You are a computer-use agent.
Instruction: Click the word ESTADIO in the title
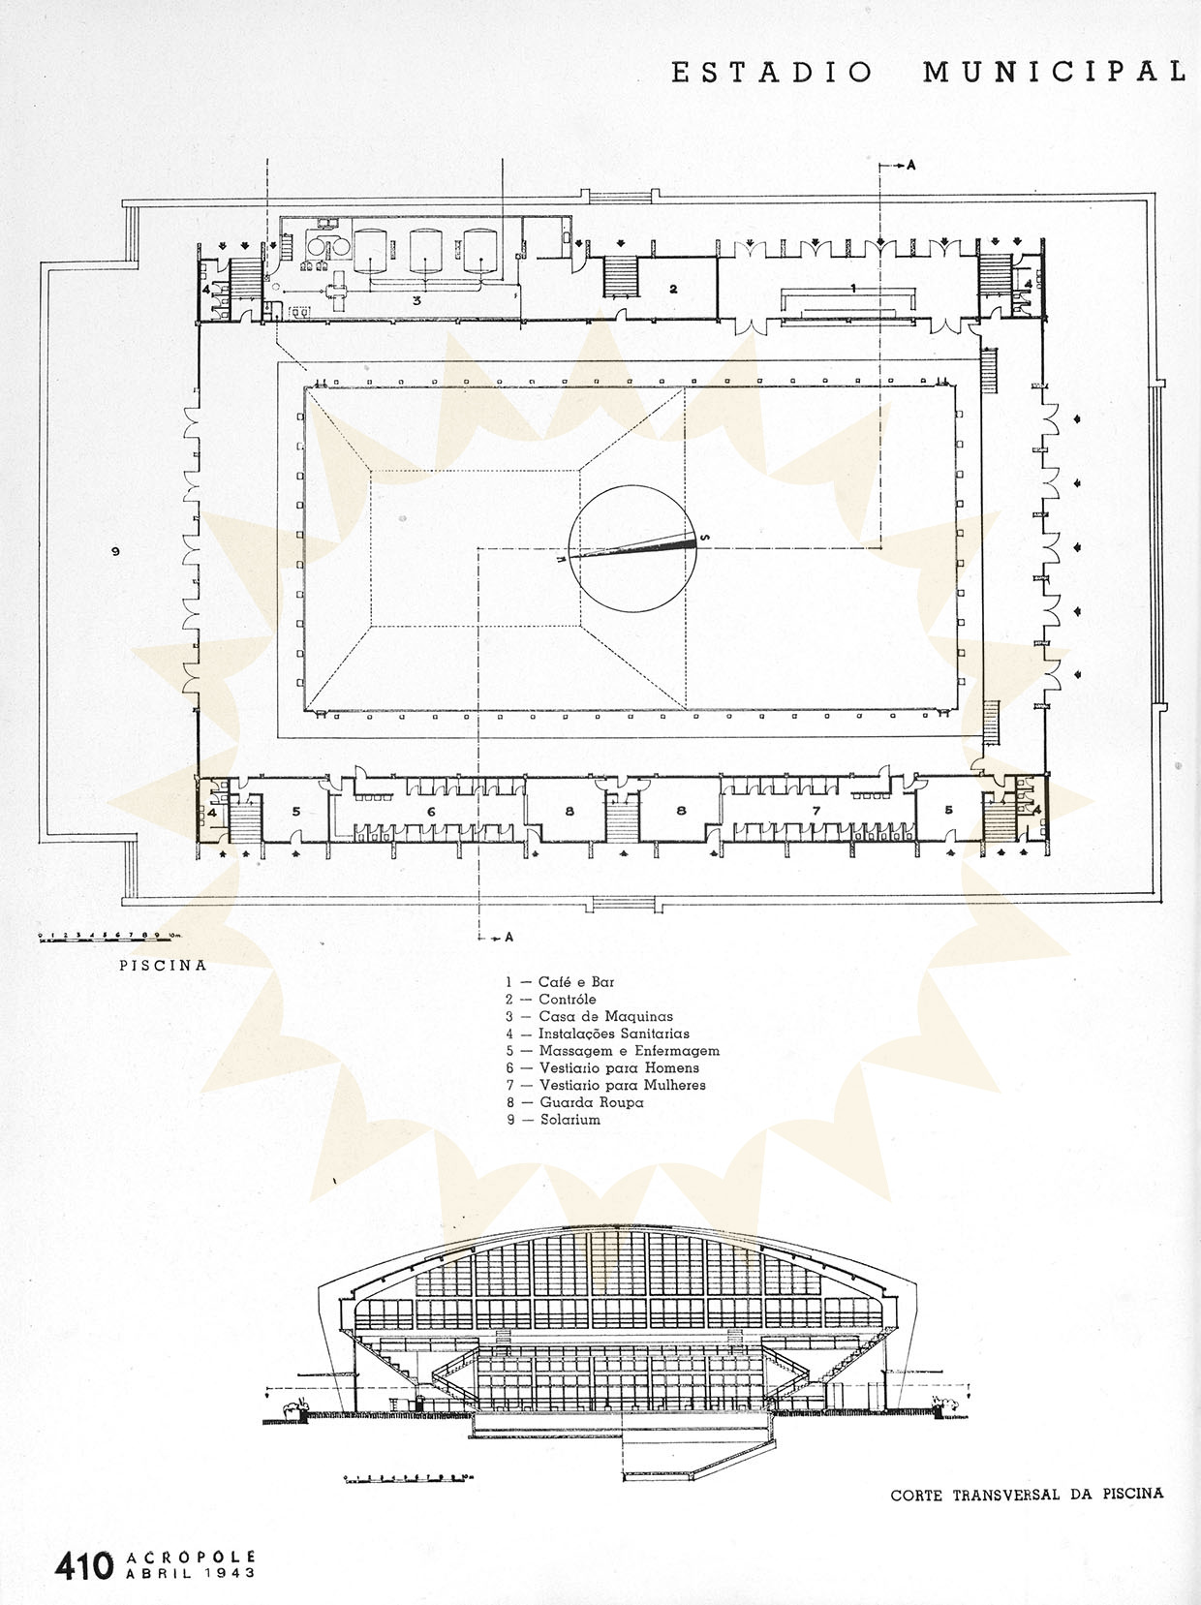(772, 73)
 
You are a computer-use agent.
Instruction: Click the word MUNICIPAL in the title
(1054, 73)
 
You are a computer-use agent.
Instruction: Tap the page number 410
(84, 1565)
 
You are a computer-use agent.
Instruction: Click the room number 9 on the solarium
(115, 551)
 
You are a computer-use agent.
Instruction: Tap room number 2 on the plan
(673, 289)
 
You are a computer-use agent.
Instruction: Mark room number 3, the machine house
(416, 301)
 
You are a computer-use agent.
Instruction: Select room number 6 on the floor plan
(431, 811)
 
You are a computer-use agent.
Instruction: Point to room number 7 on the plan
(816, 811)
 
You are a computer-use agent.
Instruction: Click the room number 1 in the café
(852, 288)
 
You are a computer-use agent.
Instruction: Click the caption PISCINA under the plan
(162, 966)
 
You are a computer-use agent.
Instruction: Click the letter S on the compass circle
(704, 539)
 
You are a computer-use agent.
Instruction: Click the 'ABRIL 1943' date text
(191, 1574)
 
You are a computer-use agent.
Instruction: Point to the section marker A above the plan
(909, 166)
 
